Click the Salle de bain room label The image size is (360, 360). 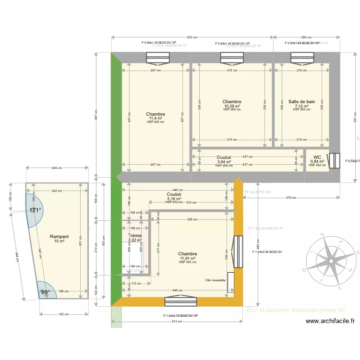[301, 102]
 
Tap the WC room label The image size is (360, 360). [317, 157]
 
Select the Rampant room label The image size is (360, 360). [59, 237]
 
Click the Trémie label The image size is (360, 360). [135, 236]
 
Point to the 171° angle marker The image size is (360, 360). [35, 210]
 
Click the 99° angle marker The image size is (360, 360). [45, 292]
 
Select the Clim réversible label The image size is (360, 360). [215, 280]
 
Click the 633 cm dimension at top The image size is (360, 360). [192, 37]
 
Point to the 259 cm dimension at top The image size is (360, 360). [306, 37]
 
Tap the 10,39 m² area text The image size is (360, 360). [231, 106]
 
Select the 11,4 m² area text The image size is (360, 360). [156, 118]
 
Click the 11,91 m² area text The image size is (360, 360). [187, 258]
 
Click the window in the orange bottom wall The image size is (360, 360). [181, 301]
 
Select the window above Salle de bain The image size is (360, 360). [301, 58]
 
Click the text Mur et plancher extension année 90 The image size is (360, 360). [295, 310]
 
